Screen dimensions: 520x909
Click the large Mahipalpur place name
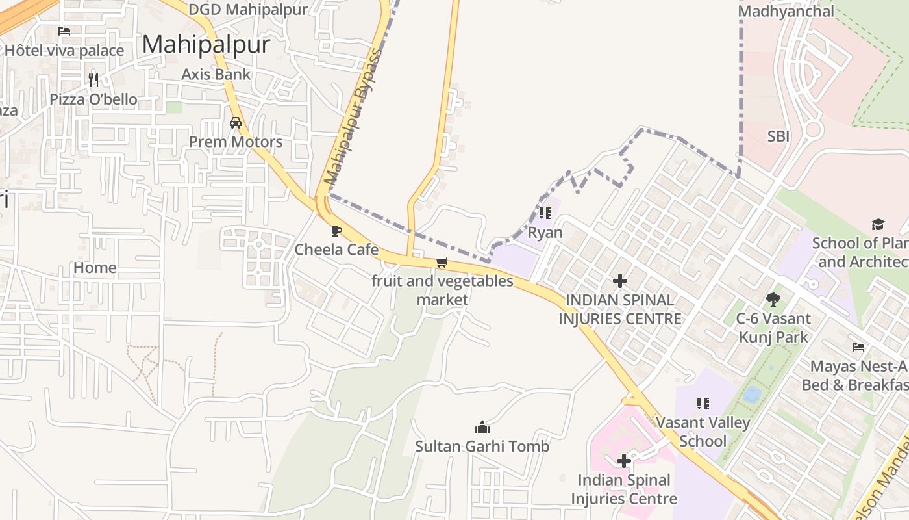pos(206,44)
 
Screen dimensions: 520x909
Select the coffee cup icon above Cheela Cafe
pos(336,231)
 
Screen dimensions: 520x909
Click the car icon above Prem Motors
pos(236,123)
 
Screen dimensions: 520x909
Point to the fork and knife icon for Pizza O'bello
pos(93,80)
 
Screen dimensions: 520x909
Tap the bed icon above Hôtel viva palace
pos(64,31)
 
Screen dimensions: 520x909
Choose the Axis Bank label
pos(216,74)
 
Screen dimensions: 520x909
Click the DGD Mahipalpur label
pos(247,10)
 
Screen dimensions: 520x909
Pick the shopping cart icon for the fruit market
pos(442,263)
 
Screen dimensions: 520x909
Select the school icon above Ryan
pos(545,213)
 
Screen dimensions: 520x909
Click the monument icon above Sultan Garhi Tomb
pos(482,427)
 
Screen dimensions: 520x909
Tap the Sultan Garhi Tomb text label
pos(482,447)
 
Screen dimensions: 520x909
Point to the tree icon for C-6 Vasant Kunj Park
pos(773,300)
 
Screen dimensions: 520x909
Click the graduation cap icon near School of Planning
pos(878,225)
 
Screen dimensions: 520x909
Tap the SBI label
pos(778,136)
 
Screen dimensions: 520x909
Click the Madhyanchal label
pos(786,11)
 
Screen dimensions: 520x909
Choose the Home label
pos(95,268)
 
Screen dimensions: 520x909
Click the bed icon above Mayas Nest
pos(858,347)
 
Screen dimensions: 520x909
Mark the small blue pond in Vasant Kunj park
pos(752,394)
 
